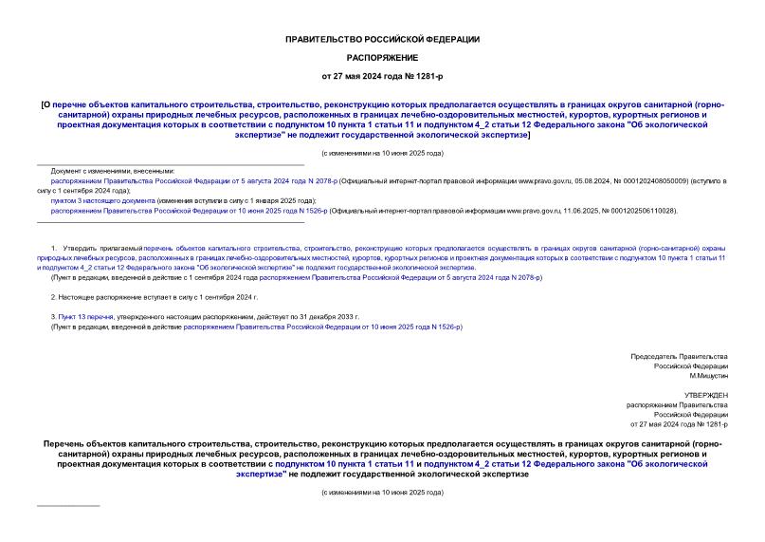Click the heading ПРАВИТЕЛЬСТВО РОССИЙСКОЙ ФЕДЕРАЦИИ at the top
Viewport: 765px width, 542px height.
pyautogui.click(x=382, y=39)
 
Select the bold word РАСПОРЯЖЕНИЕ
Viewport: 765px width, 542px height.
pyautogui.click(x=382, y=57)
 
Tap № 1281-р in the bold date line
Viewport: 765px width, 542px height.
pyautogui.click(x=422, y=75)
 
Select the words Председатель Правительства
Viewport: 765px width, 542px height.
pyautogui.click(x=680, y=356)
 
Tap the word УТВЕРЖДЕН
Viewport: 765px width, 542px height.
pyautogui.click(x=706, y=394)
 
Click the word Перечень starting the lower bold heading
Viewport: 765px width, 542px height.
pyautogui.click(x=69, y=443)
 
